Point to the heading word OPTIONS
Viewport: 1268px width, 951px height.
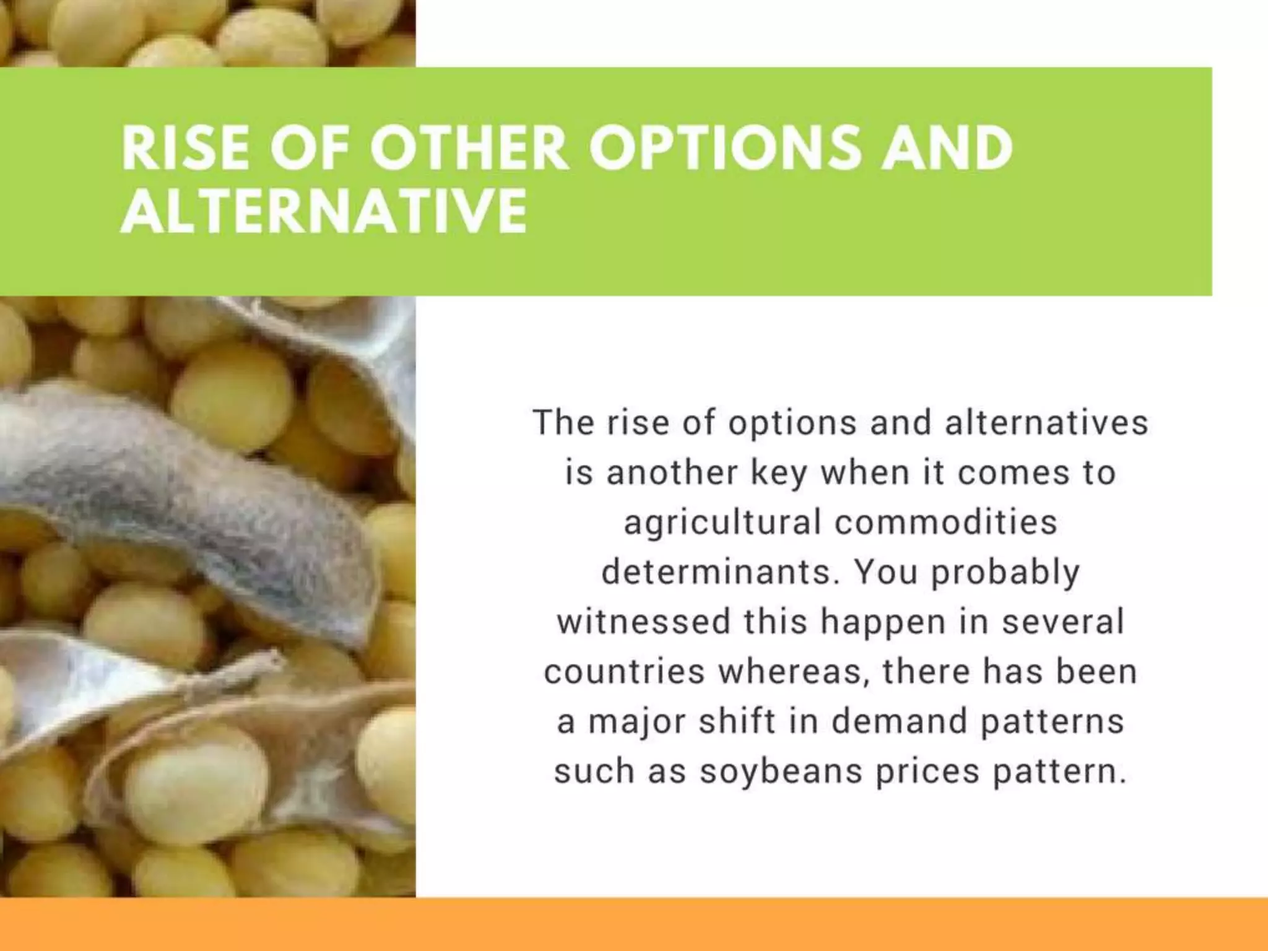(x=724, y=149)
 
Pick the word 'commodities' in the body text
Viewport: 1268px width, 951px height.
(x=946, y=522)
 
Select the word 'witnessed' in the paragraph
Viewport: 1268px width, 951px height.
(x=643, y=622)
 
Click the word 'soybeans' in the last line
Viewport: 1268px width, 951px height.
(x=781, y=771)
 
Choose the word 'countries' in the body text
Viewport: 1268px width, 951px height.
(x=624, y=672)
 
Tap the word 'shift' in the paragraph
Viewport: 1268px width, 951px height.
(x=737, y=721)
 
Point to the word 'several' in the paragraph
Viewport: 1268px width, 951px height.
(x=1062, y=622)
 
